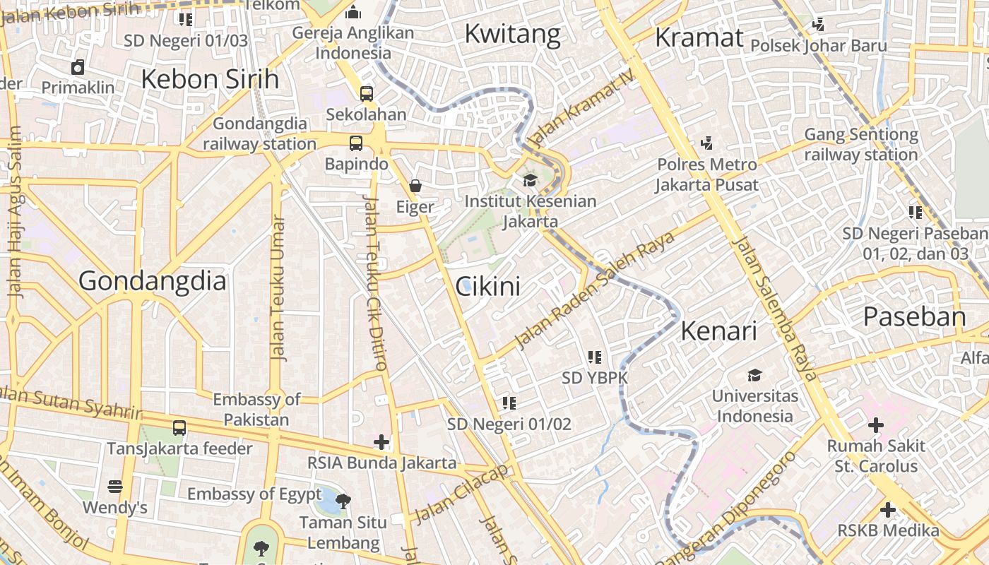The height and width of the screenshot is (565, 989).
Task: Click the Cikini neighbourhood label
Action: (487, 286)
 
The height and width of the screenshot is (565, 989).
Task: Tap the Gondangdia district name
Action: (153, 281)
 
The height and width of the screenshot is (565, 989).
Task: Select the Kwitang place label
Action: (512, 33)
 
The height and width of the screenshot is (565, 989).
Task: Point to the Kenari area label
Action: (718, 331)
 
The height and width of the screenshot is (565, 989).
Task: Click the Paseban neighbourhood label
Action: (914, 317)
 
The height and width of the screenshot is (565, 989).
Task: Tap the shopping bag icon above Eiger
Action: (415, 186)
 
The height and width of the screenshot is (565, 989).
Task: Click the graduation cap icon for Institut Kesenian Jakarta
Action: (530, 180)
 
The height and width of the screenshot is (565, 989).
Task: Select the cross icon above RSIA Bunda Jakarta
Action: (381, 442)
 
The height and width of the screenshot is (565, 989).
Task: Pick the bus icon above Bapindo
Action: (356, 143)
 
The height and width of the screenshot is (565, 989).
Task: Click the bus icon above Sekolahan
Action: (366, 93)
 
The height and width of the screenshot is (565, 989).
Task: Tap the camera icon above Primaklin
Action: (78, 67)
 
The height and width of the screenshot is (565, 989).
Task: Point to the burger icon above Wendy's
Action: (115, 487)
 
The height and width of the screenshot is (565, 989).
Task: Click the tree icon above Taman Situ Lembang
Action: (343, 501)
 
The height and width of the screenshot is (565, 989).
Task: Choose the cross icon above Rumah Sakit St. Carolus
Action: (875, 425)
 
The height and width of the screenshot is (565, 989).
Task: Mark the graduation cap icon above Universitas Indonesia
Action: (755, 375)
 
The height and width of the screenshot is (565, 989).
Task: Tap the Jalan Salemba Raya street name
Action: (776, 309)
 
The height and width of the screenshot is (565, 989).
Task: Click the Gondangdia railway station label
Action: (260, 133)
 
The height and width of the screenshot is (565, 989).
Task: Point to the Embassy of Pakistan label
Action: (256, 409)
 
